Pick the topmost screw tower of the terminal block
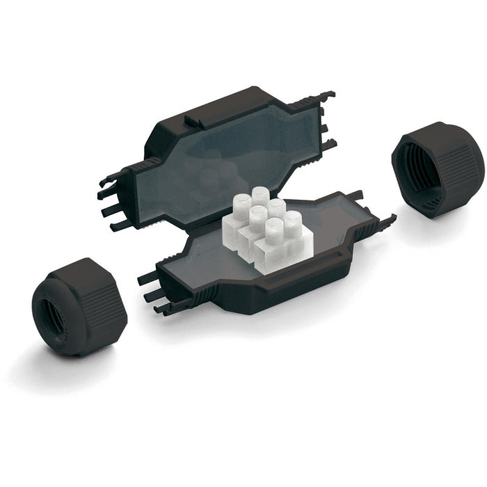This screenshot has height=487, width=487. pos(260,195)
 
